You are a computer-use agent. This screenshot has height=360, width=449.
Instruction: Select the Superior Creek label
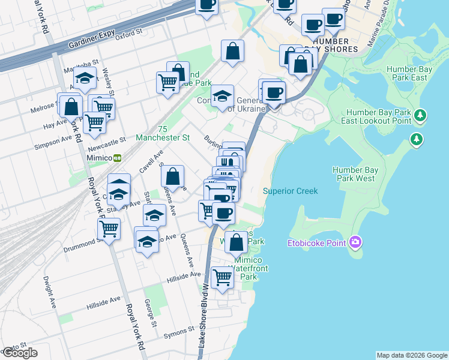point(290,191)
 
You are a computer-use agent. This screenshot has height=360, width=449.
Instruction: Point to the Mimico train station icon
point(117,158)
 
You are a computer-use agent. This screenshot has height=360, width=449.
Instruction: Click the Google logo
point(20,353)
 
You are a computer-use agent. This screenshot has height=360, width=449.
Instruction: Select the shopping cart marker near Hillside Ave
point(222,277)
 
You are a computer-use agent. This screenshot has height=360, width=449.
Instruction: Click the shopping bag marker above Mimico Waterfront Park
point(237,243)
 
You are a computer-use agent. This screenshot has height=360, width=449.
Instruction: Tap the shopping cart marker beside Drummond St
point(109,229)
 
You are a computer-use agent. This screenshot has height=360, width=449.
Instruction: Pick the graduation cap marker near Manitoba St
point(85,78)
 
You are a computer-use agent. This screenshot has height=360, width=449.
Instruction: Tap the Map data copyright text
point(412,355)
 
